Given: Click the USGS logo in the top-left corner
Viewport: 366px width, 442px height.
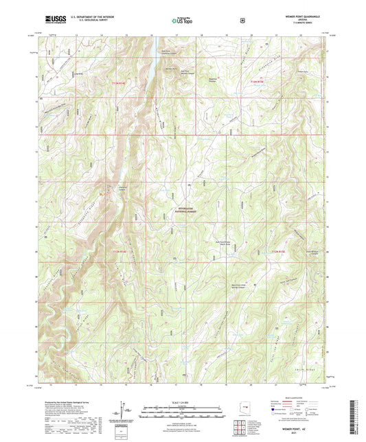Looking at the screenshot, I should point(53,19).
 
